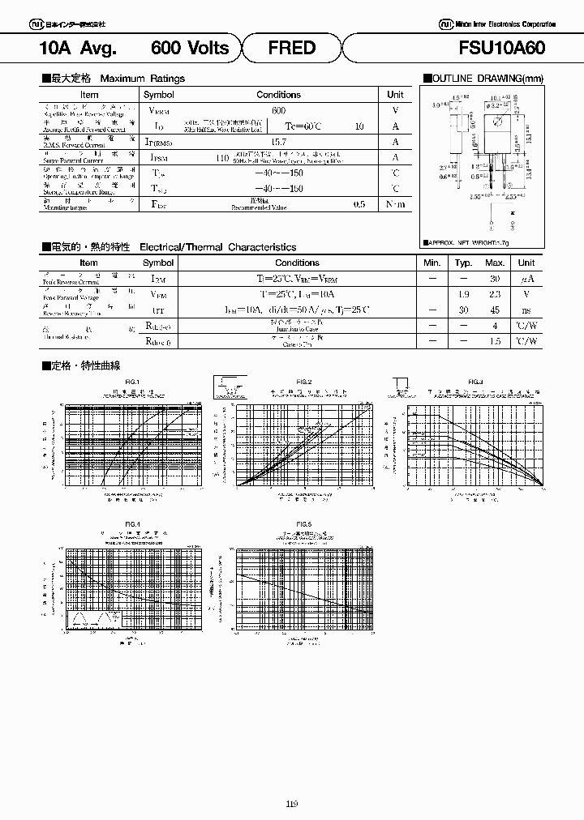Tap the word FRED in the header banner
tap(291, 48)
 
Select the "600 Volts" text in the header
tap(190, 48)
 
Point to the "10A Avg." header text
tap(79, 48)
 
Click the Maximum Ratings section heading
tap(114, 79)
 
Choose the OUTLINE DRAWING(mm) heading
tap(483, 79)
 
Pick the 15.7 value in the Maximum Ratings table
tap(278, 141)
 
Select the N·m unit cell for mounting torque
tap(395, 203)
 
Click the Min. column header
tap(432, 263)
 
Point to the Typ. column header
tap(463, 263)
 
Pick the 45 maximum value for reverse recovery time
tap(494, 309)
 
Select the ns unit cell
tap(526, 309)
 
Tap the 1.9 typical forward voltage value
tap(463, 293)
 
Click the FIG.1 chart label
tap(132, 382)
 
